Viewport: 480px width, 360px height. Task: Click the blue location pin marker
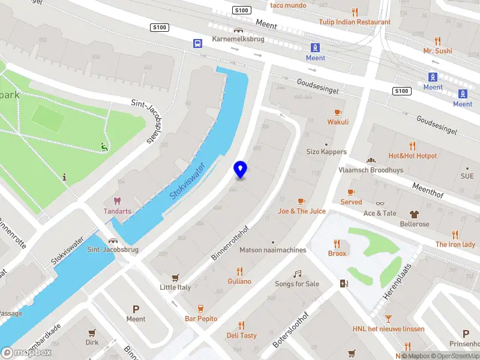(241, 169)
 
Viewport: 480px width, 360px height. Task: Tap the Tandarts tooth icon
(117, 201)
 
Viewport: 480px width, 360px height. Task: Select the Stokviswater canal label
(187, 180)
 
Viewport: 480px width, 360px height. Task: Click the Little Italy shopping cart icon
(176, 277)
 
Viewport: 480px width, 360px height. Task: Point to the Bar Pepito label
(201, 319)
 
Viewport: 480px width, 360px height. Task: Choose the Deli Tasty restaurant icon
(241, 325)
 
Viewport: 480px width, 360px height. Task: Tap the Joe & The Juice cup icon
(301, 201)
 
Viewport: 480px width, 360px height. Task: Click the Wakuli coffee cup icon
(338, 112)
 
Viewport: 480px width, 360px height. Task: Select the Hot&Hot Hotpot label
(412, 156)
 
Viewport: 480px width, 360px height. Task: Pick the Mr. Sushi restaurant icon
(437, 41)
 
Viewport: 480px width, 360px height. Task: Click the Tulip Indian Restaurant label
(355, 22)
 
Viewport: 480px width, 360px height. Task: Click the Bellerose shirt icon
(415, 214)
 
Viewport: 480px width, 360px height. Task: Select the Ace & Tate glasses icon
(380, 203)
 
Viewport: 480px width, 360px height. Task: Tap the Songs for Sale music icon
(296, 274)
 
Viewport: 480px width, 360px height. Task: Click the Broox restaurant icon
(337, 244)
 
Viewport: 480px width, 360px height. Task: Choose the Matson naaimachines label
(272, 250)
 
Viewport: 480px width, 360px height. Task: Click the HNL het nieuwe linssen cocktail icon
(388, 318)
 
